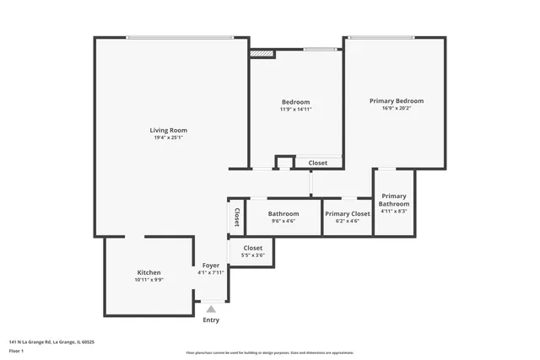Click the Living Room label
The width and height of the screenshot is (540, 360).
coord(168,130)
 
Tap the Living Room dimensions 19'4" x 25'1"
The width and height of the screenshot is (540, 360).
coord(168,137)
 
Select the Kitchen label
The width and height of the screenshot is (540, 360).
coord(149,272)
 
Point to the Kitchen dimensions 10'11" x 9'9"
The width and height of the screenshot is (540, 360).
coord(149,280)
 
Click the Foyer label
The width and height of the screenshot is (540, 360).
coord(210,265)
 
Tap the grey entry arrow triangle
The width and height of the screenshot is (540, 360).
coord(211,309)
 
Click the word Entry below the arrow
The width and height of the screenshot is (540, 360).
coord(211,320)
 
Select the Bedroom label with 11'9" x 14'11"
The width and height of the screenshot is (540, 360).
coord(295,102)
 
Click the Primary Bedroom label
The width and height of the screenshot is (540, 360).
coord(396,100)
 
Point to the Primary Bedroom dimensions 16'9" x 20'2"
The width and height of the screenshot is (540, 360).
coord(396,109)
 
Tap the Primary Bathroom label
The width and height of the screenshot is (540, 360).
coord(393,200)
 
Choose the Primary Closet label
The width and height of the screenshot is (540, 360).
coord(347,213)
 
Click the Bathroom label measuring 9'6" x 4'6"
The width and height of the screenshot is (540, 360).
coord(283,213)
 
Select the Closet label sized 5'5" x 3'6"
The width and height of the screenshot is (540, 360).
coord(252,248)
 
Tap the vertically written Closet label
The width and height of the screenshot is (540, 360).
coord(237,217)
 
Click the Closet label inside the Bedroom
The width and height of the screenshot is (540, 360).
coord(317,163)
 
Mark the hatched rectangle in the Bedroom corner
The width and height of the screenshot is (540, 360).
coord(262,54)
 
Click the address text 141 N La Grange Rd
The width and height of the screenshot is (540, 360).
coord(51,342)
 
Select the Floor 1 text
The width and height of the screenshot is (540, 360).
coord(16,350)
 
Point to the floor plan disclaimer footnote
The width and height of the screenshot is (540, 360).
coord(269,352)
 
